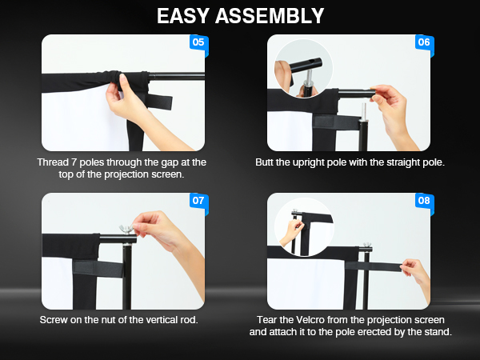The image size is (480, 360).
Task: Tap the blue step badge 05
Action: point(198,42)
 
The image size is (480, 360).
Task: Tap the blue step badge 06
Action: point(423,42)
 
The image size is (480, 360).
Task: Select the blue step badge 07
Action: point(198,200)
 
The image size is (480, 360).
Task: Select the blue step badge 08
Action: point(423,200)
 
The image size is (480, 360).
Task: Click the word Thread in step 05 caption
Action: point(53,162)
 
